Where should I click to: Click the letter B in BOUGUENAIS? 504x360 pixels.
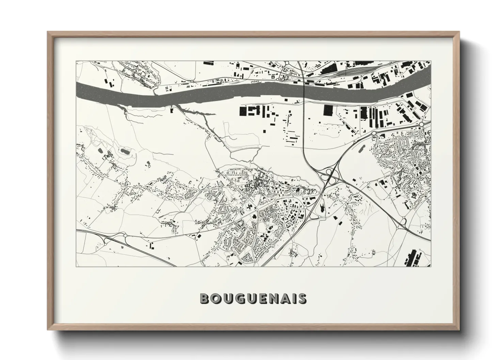pyautogui.click(x=205, y=299)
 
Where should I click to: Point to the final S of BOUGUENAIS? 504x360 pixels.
pyautogui.click(x=302, y=299)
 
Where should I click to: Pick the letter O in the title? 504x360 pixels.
pyautogui.click(x=216, y=299)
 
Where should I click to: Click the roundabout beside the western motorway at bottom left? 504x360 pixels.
pyautogui.click(x=125, y=235)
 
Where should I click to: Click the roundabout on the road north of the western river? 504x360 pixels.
pyautogui.click(x=192, y=81)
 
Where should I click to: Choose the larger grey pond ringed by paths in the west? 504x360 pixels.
pyautogui.click(x=124, y=150)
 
